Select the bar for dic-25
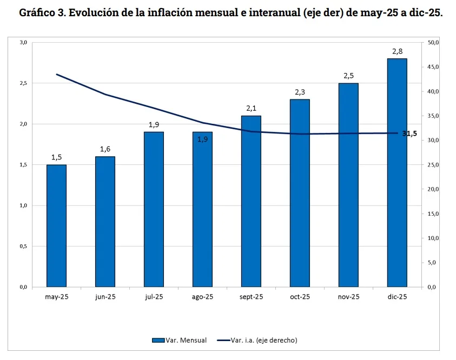point(397,172)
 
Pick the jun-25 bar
point(105,222)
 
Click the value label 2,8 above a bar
point(397,51)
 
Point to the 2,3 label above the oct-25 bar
point(300,92)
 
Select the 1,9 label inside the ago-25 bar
point(202,139)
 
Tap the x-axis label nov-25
point(348,297)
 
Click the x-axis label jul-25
point(154,297)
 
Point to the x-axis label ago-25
point(202,297)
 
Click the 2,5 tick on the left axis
point(23,83)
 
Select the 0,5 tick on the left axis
point(23,246)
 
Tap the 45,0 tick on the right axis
point(433,67)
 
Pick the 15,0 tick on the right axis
point(433,214)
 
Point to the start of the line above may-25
point(56,74)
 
